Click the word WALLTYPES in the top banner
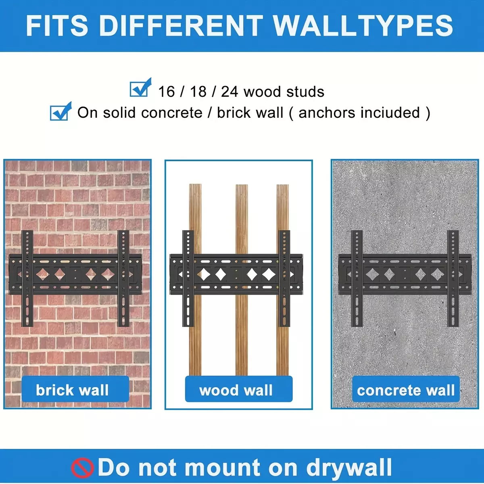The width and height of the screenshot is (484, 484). coord(363,26)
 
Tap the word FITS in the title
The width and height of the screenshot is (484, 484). coord(57,26)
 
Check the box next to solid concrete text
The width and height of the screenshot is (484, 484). coord(61,111)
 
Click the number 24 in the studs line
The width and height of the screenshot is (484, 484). coord(229,92)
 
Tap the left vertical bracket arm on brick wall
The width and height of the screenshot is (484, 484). coord(27,279)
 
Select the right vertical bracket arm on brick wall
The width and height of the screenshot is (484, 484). coord(123,279)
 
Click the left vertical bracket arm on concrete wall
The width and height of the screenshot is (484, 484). coord(357,279)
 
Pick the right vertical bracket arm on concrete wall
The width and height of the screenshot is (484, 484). coord(453,279)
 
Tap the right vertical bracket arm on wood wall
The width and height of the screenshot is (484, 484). coord(284,279)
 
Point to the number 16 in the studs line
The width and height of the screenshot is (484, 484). coord(166,92)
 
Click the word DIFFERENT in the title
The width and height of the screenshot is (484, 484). coord(181,26)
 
